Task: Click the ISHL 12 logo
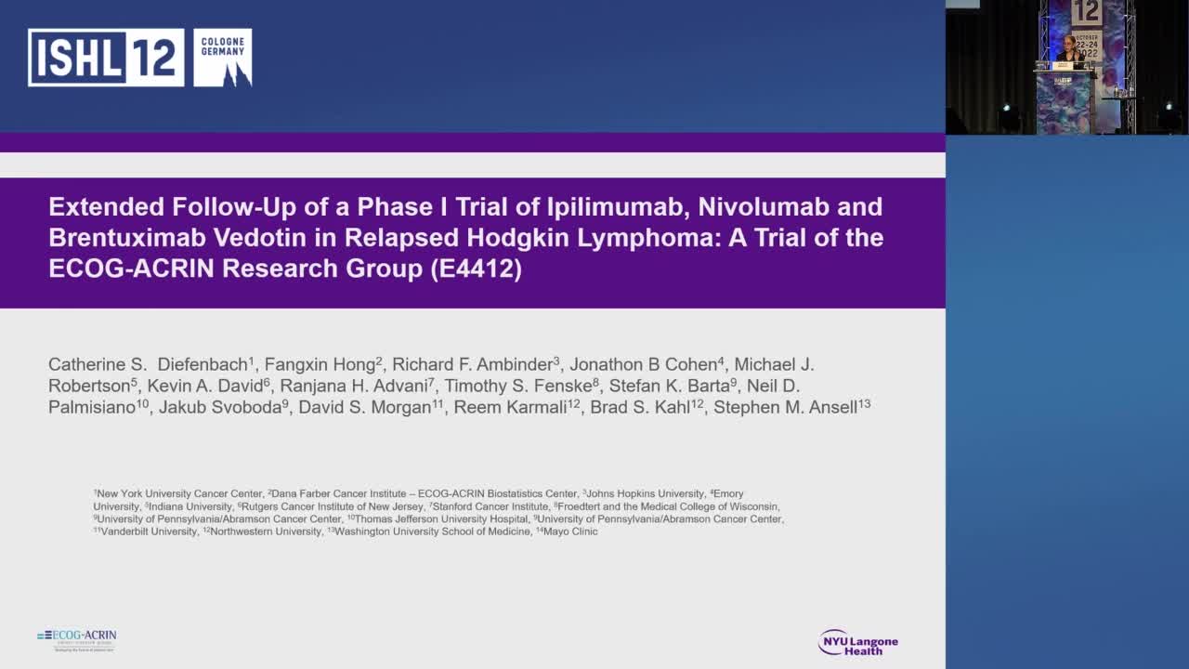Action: pos(106,58)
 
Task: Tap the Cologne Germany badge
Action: pos(223,58)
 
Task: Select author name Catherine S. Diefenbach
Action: pos(149,364)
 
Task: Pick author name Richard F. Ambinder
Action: pos(472,364)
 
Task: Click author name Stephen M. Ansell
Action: pos(786,407)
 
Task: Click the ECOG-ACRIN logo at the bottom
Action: pos(77,639)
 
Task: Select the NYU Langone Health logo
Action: pos(857,642)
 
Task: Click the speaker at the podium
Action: pos(1068,53)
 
